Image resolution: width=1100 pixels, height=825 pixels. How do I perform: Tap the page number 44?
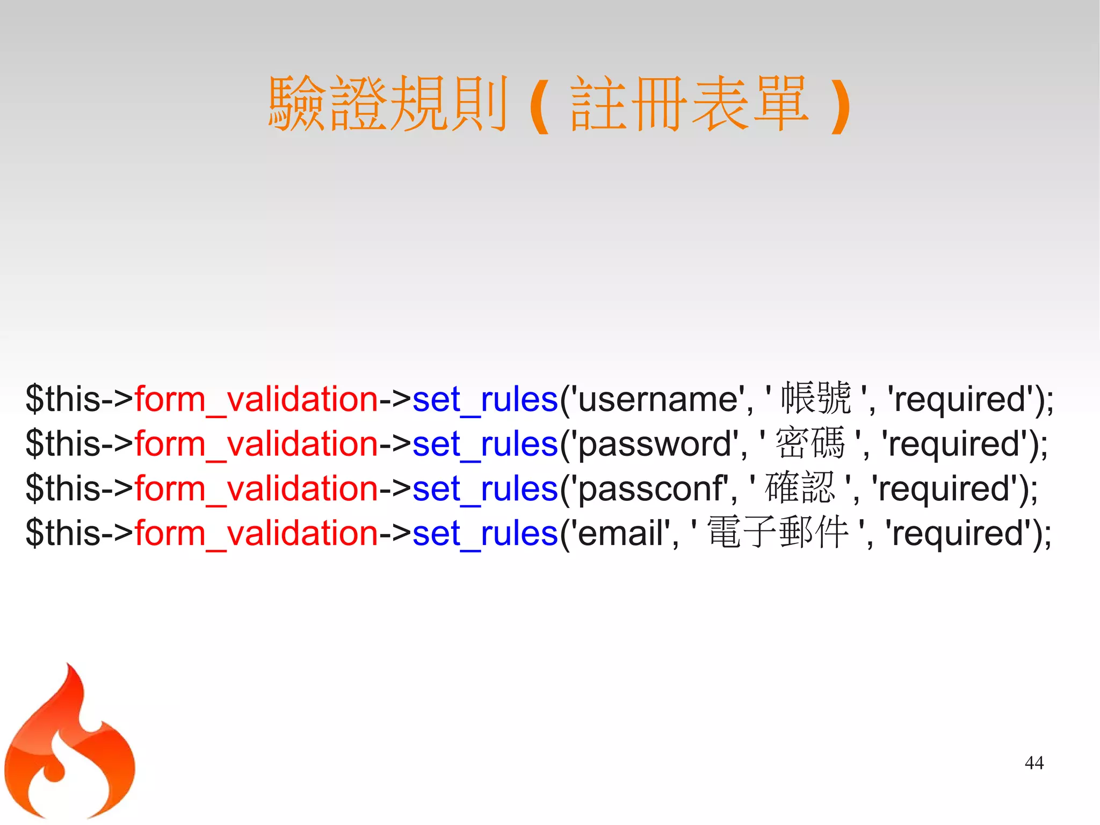click(x=1034, y=763)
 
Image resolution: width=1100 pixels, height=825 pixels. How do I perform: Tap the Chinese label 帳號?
click(x=816, y=398)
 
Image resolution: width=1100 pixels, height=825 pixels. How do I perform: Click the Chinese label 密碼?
click(x=810, y=443)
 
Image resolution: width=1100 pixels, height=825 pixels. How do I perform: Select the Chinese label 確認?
click(x=800, y=488)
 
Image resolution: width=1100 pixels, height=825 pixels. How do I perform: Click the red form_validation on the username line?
click(x=256, y=399)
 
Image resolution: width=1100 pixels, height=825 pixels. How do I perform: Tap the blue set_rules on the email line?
click(x=485, y=533)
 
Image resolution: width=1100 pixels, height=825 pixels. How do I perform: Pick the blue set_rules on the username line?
click(x=485, y=399)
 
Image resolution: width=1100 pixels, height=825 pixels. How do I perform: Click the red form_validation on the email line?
click(x=256, y=533)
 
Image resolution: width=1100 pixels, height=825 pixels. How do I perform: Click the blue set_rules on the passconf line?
click(x=485, y=489)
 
